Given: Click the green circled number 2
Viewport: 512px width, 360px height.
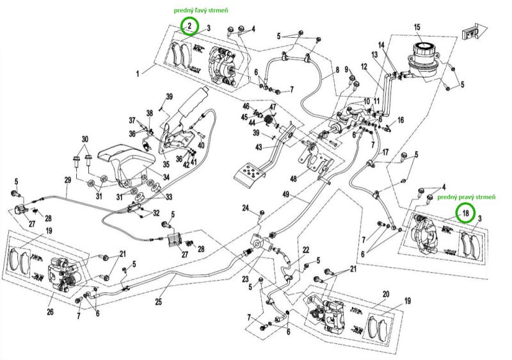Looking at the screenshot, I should [189, 26].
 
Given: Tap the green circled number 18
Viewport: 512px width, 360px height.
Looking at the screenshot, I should [465, 213].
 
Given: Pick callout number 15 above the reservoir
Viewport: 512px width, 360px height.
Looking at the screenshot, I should [417, 27].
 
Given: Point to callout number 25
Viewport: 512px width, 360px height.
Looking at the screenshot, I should [158, 302].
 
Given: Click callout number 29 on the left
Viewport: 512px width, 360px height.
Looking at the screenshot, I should [67, 180].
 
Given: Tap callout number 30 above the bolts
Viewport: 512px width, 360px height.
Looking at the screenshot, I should [84, 140].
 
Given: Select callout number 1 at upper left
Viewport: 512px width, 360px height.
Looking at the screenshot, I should [137, 74].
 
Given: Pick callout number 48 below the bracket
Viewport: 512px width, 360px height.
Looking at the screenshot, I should [294, 178].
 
